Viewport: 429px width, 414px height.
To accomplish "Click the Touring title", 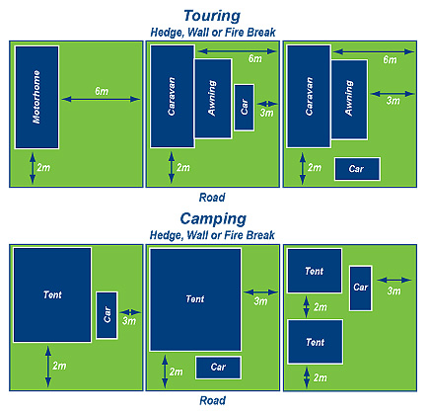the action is (x=212, y=16).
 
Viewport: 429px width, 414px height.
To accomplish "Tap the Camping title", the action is (x=213, y=219).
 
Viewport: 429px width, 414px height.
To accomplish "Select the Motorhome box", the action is (x=36, y=97).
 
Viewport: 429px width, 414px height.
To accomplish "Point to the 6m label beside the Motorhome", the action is (x=102, y=91).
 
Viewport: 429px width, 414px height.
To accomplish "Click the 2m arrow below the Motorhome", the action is (x=33, y=168).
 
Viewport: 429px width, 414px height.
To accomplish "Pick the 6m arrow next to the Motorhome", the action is (x=101, y=99).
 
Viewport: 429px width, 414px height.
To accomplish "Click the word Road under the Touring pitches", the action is (x=212, y=198).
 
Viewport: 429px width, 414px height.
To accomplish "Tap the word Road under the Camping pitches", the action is (x=213, y=401).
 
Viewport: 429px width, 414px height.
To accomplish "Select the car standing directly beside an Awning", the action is (x=245, y=108).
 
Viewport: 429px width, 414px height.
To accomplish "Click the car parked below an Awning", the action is (x=357, y=169).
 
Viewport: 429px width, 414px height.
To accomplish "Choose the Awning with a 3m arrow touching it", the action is (x=349, y=100).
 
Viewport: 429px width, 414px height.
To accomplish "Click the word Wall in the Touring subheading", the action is (x=199, y=33).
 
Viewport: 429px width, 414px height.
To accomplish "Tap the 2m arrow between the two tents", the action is (x=307, y=306).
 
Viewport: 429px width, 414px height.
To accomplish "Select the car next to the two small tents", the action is (x=361, y=289).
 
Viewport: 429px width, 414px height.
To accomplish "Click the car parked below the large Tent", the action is (x=218, y=368).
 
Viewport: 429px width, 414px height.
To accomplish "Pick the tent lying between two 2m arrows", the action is (x=316, y=342).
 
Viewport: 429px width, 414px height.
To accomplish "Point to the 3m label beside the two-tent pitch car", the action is (x=393, y=291).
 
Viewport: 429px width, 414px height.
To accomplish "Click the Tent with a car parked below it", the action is (x=195, y=299).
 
